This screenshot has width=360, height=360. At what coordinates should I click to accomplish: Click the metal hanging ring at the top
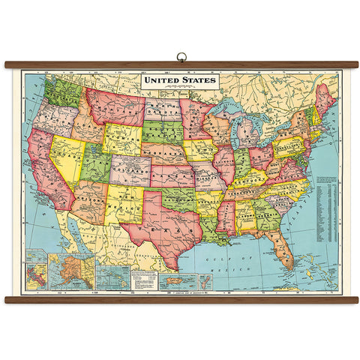click(180, 55)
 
